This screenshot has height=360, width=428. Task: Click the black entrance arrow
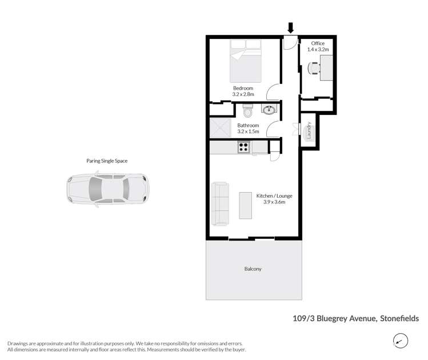point(290,27)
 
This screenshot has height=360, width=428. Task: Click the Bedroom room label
point(243,87)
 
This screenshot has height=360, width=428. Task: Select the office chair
point(314,68)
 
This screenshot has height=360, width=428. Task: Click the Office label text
point(318,43)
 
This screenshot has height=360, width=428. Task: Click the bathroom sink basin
point(269,109)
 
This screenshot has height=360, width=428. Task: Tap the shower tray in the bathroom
point(219,127)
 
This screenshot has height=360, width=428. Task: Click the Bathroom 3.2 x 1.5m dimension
point(248,131)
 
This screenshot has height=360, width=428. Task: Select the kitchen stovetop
point(244,147)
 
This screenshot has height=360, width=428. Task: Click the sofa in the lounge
point(220,203)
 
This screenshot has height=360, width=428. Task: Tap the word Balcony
point(252,269)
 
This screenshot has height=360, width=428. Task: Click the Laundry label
point(309,131)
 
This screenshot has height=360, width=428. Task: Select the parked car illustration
point(107,190)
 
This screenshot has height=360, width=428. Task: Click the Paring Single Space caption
point(107,161)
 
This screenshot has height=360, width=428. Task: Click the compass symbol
point(401,341)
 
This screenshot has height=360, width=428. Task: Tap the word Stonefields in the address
point(399,318)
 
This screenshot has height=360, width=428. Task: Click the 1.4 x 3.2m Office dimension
point(318,50)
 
